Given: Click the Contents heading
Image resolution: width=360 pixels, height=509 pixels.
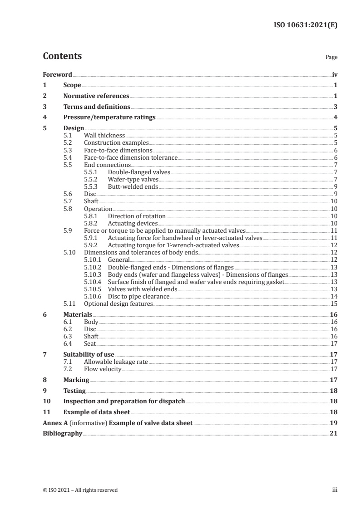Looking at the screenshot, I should [x=62, y=56].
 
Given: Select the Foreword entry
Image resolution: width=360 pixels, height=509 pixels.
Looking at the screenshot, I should [x=57, y=74].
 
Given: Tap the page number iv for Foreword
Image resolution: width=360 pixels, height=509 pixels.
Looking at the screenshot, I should [x=335, y=74].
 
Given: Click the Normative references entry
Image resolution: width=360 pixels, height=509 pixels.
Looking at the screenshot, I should [x=96, y=96].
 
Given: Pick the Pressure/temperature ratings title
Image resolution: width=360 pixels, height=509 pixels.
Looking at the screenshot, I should [x=109, y=117].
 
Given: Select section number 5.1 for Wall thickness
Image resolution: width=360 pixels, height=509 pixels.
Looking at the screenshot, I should [x=67, y=135].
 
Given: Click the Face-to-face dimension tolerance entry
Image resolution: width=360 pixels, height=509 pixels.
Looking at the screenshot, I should [x=131, y=157].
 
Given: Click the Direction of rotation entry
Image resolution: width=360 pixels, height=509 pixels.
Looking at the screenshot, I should [x=137, y=216].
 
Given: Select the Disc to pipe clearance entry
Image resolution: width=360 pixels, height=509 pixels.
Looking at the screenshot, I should [x=138, y=296].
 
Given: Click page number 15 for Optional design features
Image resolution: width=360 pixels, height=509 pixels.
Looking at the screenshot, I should [x=334, y=303].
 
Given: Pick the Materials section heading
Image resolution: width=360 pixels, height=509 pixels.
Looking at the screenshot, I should [x=78, y=314].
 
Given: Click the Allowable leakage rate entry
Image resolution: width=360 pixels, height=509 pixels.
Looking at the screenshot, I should [x=116, y=362].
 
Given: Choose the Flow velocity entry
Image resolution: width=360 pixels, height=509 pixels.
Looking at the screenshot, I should [x=103, y=369].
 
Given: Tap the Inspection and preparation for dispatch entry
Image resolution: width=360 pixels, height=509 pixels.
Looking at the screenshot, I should [x=124, y=401].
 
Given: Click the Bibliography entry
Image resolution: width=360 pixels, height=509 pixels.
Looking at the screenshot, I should [x=62, y=433].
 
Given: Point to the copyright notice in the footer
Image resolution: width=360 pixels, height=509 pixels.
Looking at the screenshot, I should [x=80, y=489].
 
